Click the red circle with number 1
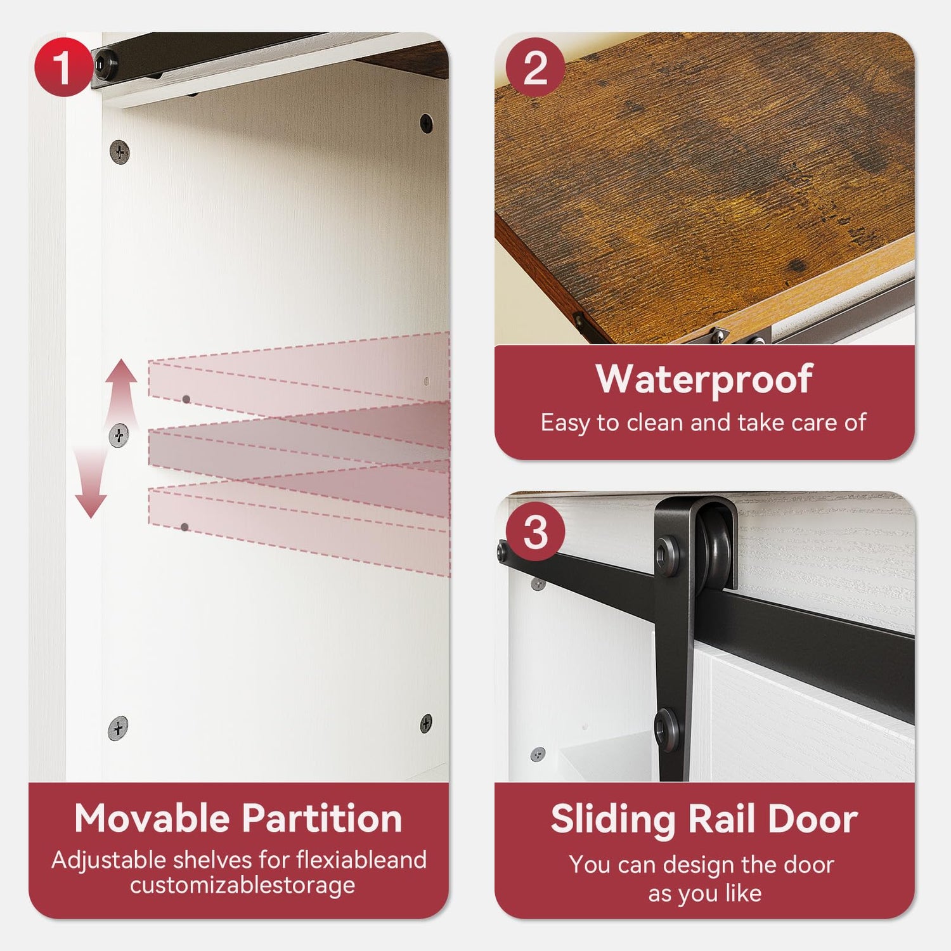[63, 67]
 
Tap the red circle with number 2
[535, 67]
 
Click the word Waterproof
[704, 378]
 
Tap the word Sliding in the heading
[613, 820]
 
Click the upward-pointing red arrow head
[121, 371]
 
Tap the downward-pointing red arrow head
[91, 505]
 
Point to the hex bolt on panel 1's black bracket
[105, 64]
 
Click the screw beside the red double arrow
[119, 436]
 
